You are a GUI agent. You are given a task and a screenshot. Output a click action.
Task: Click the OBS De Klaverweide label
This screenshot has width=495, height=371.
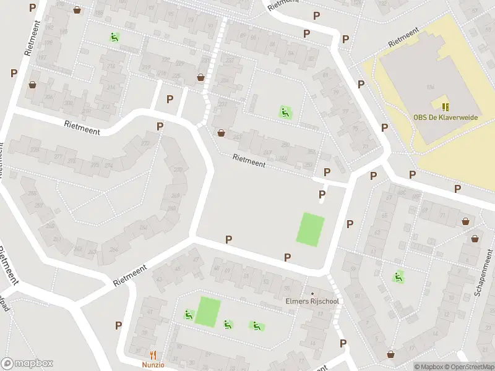[x=445, y=117]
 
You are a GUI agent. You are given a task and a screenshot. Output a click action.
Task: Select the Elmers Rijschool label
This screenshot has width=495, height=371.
[x=312, y=302]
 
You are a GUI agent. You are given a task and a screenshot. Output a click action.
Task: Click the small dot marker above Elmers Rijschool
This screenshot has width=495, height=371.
[x=312, y=293]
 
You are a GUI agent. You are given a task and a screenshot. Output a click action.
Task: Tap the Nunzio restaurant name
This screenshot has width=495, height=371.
[x=154, y=365]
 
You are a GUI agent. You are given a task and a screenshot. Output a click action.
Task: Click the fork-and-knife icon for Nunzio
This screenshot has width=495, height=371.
[x=153, y=355]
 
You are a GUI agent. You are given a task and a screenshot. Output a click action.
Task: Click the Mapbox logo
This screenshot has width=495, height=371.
[x=26, y=364]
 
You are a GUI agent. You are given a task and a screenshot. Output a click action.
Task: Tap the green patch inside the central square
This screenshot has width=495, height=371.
[x=311, y=229]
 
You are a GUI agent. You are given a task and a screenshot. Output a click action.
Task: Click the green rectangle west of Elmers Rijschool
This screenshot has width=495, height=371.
[x=208, y=312]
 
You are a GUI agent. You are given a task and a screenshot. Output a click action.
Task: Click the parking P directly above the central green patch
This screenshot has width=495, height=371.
[x=321, y=195]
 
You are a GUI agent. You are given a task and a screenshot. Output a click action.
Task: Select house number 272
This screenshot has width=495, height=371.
[x=145, y=144]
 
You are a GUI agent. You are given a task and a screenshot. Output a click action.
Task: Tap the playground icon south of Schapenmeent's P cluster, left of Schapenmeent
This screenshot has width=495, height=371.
[x=398, y=276]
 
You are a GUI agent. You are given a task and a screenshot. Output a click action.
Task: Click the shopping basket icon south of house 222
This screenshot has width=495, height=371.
[x=221, y=132]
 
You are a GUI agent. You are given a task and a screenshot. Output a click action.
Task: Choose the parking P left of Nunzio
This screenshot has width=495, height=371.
[x=118, y=325]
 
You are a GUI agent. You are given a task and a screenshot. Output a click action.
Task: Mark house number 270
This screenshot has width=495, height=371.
[x=178, y=170]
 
